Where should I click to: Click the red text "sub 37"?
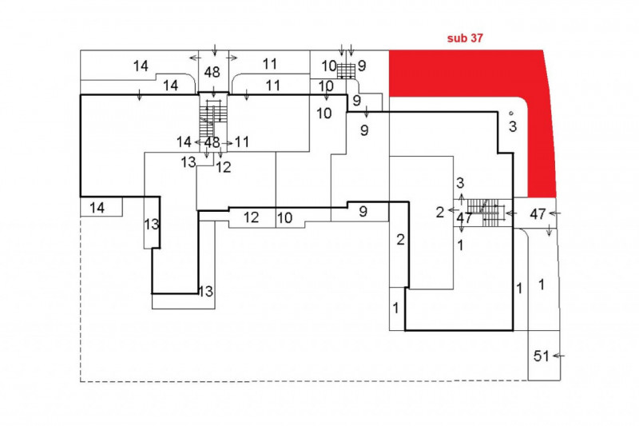click(x=466, y=37)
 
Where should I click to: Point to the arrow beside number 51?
click(x=558, y=354)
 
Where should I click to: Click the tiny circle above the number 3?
click(x=509, y=113)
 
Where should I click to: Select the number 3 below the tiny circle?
click(x=512, y=126)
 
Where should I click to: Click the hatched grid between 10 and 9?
click(x=345, y=70)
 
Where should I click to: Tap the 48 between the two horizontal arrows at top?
click(x=212, y=70)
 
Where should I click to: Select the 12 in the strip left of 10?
click(x=251, y=217)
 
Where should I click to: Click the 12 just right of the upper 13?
click(x=223, y=168)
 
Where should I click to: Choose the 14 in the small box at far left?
click(x=97, y=208)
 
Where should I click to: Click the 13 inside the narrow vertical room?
click(x=152, y=225)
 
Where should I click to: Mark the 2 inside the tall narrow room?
click(x=400, y=240)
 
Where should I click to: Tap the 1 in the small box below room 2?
click(x=396, y=308)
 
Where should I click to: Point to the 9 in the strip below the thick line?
click(x=362, y=212)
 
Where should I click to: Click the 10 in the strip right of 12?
click(x=285, y=217)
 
